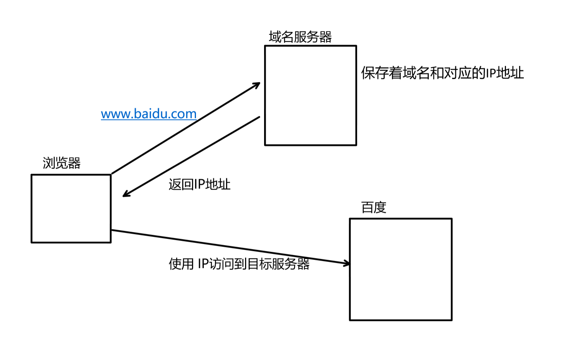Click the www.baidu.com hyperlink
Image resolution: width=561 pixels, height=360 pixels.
click(148, 114)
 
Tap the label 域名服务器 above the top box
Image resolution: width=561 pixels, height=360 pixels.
click(300, 37)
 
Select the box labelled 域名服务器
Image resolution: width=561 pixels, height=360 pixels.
click(310, 95)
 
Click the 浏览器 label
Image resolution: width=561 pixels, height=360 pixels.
click(61, 163)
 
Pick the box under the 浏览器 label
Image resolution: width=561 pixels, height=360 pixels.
click(71, 208)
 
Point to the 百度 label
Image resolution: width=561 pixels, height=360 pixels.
click(373, 207)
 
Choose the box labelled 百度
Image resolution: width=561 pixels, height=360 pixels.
click(401, 269)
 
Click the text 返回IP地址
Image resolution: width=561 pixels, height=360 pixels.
click(199, 184)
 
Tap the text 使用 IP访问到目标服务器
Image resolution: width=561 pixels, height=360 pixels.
click(239, 264)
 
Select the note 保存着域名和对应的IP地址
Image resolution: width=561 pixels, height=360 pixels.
click(442, 73)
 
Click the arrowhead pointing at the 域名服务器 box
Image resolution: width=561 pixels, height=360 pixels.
click(257, 84)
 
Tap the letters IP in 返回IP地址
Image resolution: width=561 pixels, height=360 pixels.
click(200, 184)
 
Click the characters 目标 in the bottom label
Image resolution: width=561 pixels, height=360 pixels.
click(260, 264)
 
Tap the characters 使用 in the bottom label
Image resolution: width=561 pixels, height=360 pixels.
click(181, 264)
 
